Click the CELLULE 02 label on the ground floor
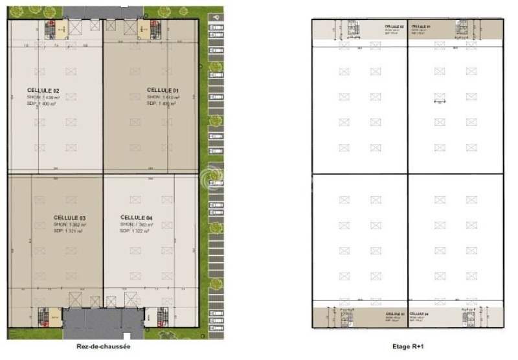43,90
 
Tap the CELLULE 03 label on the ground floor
70,218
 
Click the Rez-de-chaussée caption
103,346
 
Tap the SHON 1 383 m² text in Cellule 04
135,224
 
